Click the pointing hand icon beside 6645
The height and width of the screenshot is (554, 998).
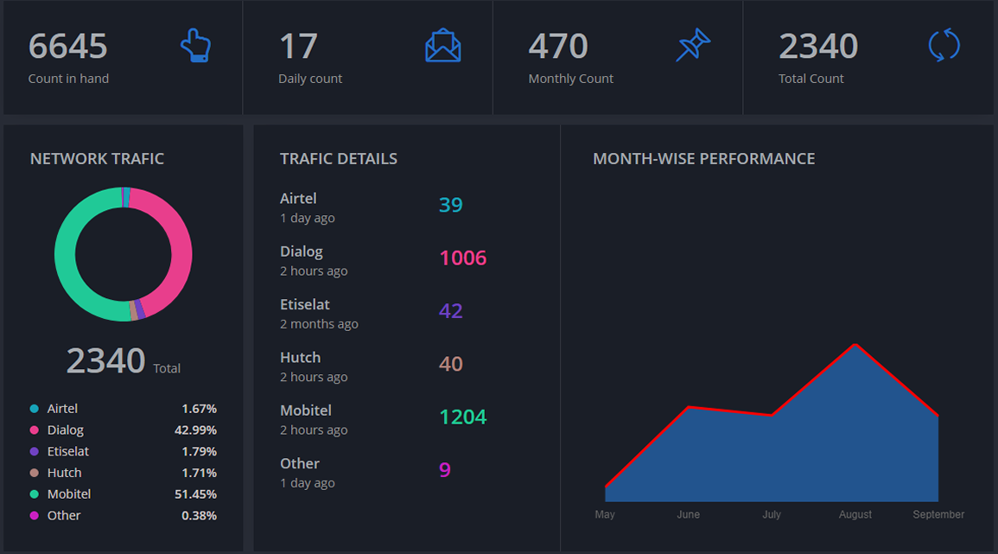point(196,46)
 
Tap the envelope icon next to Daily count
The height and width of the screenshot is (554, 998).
point(443,46)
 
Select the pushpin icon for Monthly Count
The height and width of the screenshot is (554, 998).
point(693,46)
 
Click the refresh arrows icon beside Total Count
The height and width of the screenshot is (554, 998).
point(944,46)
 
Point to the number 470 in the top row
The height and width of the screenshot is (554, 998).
point(558,47)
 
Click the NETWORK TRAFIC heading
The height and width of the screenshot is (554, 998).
point(97,159)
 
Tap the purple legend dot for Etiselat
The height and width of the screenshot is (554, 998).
point(35,451)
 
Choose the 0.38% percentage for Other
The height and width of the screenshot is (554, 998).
point(199,516)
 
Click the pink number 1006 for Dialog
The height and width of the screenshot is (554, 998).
point(463,258)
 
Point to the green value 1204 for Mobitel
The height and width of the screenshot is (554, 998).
point(463,417)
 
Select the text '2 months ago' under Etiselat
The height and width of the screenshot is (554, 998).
point(319,324)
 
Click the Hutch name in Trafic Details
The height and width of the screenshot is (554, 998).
point(300,358)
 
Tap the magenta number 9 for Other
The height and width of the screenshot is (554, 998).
point(445,470)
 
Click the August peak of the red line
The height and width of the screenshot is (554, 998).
point(855,345)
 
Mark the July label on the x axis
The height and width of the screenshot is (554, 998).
point(772,514)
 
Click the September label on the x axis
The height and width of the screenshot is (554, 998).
point(938,514)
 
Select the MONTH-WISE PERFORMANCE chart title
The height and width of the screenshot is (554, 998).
point(703,159)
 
